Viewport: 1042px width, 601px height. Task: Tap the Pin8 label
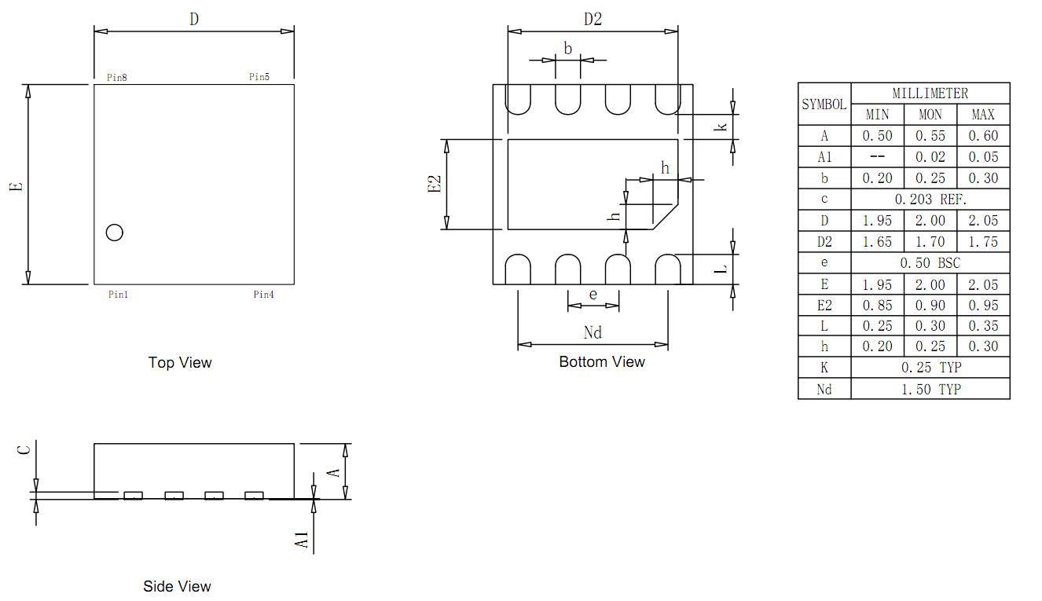117,77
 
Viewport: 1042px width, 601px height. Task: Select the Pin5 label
259,77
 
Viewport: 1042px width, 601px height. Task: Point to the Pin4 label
264,295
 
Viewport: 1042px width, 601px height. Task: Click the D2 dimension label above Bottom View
593,19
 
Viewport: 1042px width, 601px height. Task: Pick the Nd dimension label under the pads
593,332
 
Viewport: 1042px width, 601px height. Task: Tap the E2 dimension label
434,184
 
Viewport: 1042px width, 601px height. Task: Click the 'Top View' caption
180,362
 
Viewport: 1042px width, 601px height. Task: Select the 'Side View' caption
177,586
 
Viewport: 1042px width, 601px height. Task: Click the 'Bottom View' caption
602,361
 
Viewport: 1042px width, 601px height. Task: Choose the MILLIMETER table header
930,93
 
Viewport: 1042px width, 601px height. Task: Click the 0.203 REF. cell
930,200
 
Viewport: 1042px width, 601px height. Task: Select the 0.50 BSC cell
930,263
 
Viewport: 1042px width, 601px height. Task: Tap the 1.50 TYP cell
931,390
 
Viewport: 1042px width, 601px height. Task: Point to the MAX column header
983,115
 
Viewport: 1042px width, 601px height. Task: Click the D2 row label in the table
824,242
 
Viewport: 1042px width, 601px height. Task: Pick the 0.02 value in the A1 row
930,157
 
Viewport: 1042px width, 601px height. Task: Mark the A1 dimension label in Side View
302,540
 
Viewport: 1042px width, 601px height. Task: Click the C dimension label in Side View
24,450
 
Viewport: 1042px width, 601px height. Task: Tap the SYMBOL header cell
824,104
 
